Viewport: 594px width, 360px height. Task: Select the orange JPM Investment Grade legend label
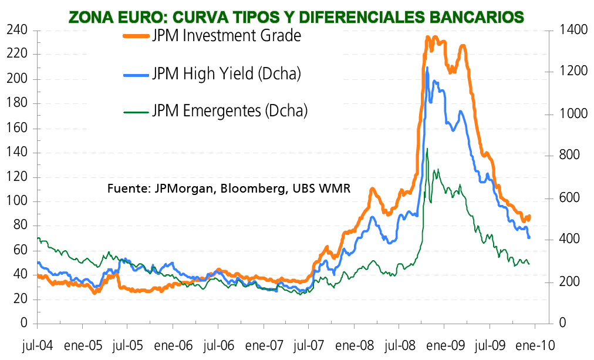tap(226, 36)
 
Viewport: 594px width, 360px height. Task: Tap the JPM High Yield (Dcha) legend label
tap(226, 73)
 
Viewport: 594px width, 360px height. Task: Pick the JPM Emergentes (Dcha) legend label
tap(230, 110)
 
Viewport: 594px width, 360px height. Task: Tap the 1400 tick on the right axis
tap(571, 30)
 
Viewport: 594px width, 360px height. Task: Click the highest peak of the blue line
tap(427, 68)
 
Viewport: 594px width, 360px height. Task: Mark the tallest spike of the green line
tap(427, 149)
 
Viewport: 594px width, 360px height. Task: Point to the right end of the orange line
tap(529, 216)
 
